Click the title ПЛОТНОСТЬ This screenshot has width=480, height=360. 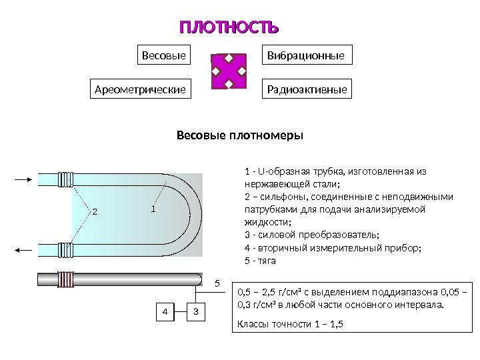pyautogui.click(x=229, y=28)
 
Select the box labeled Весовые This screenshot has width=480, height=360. pyautogui.click(x=163, y=55)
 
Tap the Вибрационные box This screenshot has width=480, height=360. pyautogui.click(x=308, y=55)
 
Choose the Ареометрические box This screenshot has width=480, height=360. pyautogui.click(x=139, y=89)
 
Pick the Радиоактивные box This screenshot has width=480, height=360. pyautogui.click(x=308, y=89)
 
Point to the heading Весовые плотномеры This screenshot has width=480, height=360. pyautogui.click(x=239, y=136)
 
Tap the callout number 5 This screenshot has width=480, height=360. pyautogui.click(x=216, y=284)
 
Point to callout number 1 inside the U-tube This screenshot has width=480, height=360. pyautogui.click(x=153, y=209)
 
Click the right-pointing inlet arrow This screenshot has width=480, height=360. pyautogui.click(x=24, y=179)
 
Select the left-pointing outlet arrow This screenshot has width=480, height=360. pyautogui.click(x=24, y=250)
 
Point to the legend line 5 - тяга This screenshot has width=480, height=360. pyautogui.click(x=261, y=261)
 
